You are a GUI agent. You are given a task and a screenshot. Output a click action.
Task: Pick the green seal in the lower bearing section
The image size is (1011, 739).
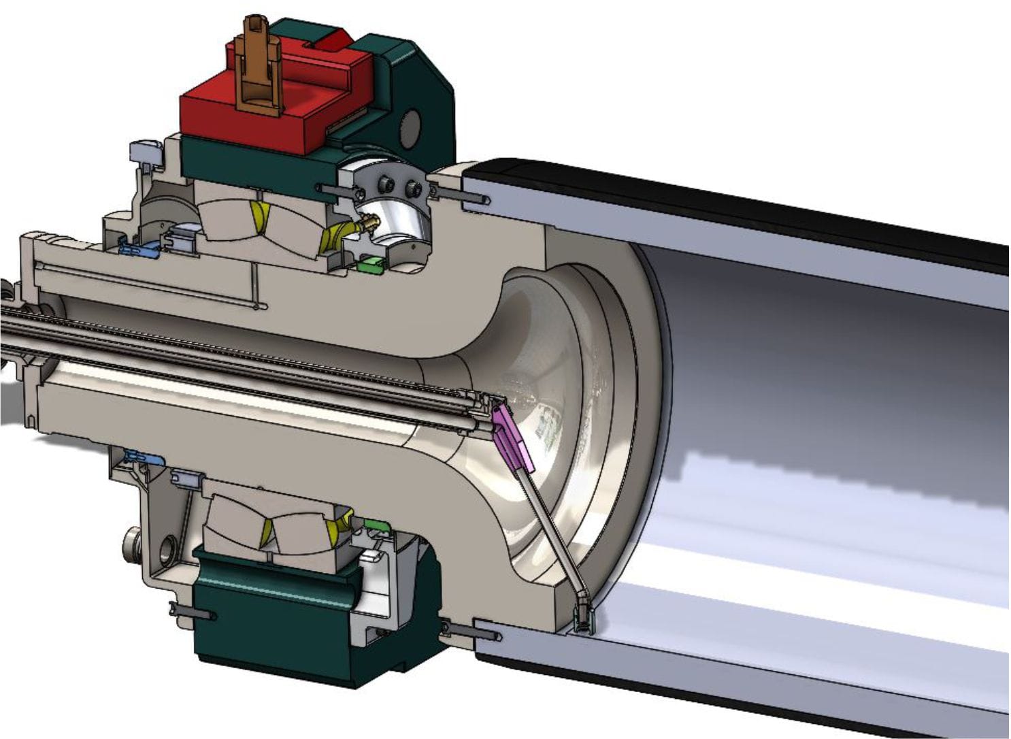(375, 524)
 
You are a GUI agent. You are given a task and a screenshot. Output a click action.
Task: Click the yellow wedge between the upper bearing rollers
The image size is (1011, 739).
(259, 216)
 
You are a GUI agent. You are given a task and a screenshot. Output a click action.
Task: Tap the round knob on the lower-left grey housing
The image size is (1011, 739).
(130, 542)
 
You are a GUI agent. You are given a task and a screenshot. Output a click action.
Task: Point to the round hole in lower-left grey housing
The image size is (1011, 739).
(167, 548)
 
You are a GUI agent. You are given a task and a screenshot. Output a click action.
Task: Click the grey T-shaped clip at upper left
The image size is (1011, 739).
(144, 151)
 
